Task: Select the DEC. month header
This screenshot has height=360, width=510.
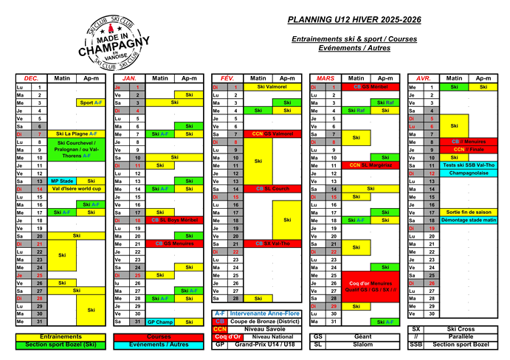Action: [32, 77]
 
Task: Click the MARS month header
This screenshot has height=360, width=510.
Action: [325, 77]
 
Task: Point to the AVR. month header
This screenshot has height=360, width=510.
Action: [424, 77]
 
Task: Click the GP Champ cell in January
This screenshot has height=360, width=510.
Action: [160, 322]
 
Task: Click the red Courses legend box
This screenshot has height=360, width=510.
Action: [159, 336]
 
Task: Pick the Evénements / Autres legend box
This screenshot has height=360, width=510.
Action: [159, 345]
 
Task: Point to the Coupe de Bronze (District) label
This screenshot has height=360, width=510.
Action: [263, 322]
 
